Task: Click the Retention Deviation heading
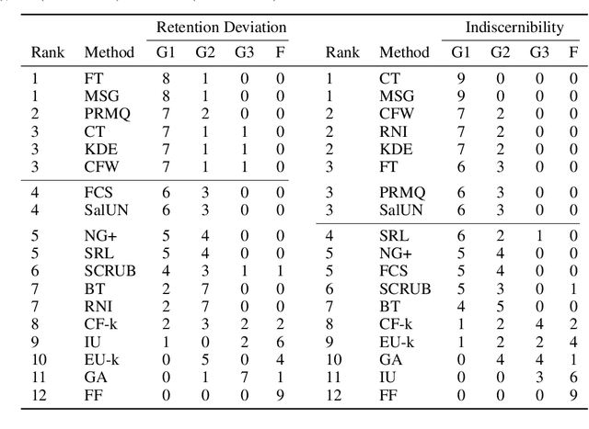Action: pos(221,27)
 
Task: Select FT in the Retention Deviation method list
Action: pos(94,78)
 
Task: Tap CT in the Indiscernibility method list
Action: pos(390,78)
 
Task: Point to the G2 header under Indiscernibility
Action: pos(500,52)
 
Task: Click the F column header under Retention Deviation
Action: pos(280,52)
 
